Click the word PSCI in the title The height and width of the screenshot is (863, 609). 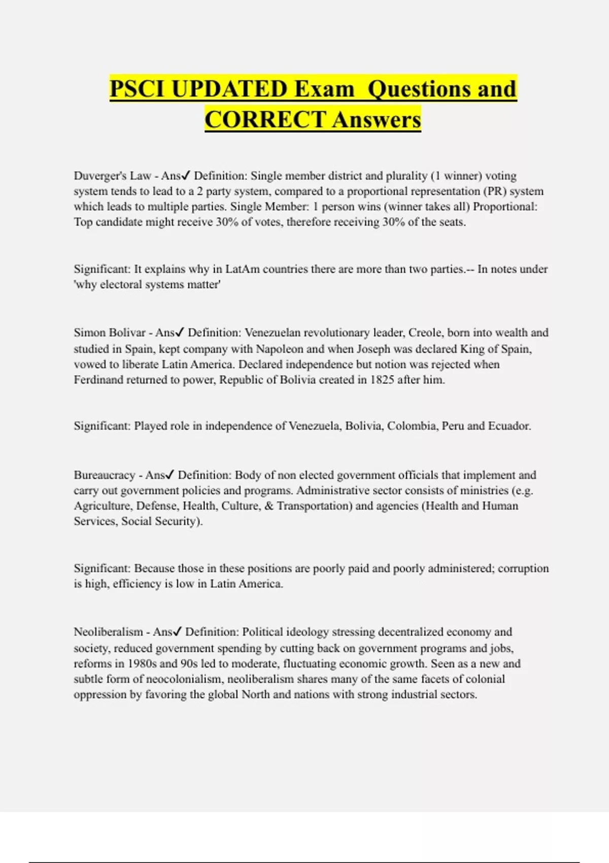137,89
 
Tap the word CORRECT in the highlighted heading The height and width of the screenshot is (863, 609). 265,120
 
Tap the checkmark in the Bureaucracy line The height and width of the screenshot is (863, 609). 170,475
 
